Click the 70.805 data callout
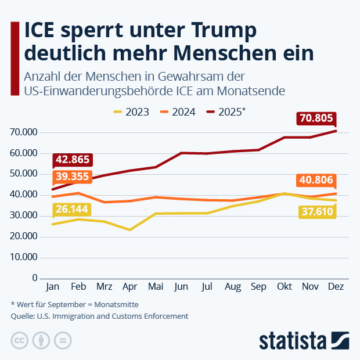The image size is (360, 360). click(x=316, y=118)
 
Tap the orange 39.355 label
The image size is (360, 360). click(x=73, y=177)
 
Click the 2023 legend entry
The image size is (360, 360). click(x=131, y=112)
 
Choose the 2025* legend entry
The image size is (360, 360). click(x=226, y=112)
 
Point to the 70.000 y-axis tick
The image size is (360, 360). click(x=24, y=132)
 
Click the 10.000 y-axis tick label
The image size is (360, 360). click(x=24, y=257)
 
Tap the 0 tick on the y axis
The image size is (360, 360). click(x=35, y=278)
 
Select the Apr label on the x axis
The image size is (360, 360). click(x=130, y=287)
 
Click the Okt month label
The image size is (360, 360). click(x=284, y=287)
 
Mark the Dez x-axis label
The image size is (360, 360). click(x=336, y=287)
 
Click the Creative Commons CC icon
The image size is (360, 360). click(x=20, y=340)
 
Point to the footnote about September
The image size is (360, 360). click(x=74, y=304)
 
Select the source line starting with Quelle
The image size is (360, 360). click(x=99, y=316)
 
